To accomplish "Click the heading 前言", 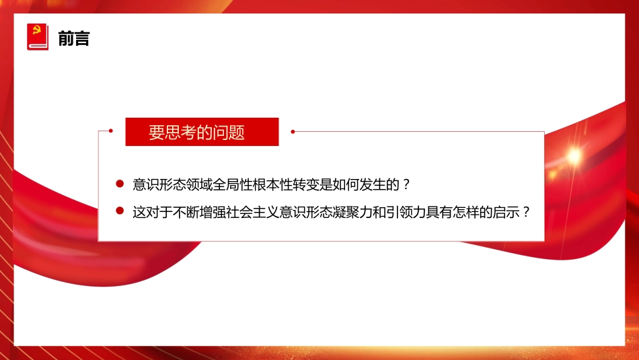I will (x=74, y=38).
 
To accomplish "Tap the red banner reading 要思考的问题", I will (x=202, y=132).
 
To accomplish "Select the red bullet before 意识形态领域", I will (x=120, y=184).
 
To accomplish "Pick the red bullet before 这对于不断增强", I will (x=120, y=211).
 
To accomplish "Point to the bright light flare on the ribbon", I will (x=573, y=155).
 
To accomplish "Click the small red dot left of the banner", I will (x=112, y=132).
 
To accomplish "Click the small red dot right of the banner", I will (x=293, y=132).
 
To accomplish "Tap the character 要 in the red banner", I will (x=156, y=133).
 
